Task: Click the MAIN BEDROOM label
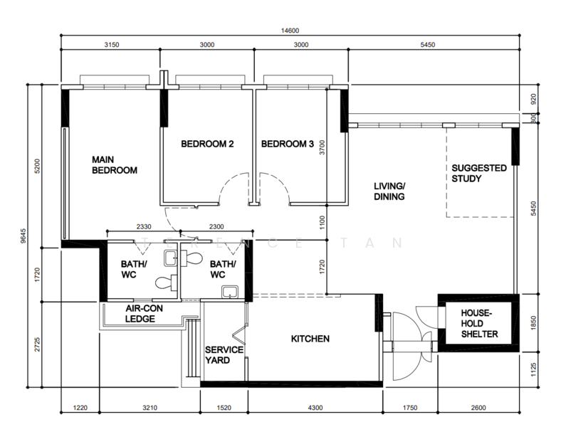115,165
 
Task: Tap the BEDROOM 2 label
207,144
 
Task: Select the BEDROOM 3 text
288,144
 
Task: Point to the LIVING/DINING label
389,191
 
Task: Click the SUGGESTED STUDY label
479,173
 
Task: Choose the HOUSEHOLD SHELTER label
479,324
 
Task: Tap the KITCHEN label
310,339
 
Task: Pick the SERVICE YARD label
224,354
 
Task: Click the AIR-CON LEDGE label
144,314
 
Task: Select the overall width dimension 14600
290,31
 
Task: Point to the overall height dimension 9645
23,236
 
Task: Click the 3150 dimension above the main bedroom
112,45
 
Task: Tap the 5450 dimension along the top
428,45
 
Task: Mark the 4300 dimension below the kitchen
315,408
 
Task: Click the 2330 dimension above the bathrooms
144,227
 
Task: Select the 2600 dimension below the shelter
478,408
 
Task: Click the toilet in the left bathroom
167,283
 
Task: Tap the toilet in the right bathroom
192,258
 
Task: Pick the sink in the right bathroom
229,292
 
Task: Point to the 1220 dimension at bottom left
80,408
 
